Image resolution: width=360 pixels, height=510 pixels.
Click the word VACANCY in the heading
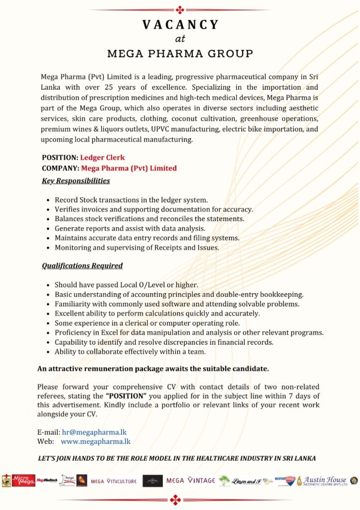click(180, 25)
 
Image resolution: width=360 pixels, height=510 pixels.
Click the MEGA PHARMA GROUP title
click(180, 53)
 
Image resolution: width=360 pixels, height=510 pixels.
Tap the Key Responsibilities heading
click(76, 180)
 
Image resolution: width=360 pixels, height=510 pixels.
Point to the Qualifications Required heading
click(82, 265)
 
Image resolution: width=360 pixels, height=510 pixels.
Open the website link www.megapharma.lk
click(96, 441)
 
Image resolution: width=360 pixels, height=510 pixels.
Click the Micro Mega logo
click(23, 481)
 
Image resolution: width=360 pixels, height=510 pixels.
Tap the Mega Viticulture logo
click(113, 481)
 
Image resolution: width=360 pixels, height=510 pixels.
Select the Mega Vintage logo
click(191, 481)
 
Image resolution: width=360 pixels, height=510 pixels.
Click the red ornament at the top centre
click(180, 9)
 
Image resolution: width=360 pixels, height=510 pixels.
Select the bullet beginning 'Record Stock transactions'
click(131, 200)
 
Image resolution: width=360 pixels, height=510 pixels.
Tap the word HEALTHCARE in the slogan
click(224, 459)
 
